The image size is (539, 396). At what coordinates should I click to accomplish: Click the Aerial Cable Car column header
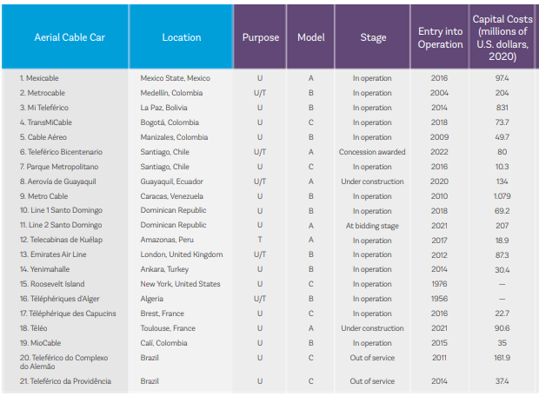pos(70,37)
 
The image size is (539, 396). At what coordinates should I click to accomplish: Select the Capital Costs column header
pos(502,37)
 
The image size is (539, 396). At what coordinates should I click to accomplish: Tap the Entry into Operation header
pos(440,37)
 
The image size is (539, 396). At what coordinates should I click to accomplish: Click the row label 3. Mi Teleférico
pos(44,108)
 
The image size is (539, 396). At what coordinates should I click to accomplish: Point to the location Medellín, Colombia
pos(171,93)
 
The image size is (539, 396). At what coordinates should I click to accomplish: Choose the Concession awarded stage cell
pos(372,152)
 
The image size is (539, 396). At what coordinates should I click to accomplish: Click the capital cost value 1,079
pos(502,196)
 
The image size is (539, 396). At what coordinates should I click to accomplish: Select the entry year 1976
pos(439,284)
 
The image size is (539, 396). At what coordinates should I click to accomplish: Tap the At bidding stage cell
pos(372,226)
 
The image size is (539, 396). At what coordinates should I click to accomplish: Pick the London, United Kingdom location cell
pos(182,254)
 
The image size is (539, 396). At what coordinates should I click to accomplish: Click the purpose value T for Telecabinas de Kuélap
pos(260,240)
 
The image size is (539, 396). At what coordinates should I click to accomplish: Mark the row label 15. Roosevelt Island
pos(52,284)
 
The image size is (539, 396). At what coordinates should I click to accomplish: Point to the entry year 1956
pos(439,299)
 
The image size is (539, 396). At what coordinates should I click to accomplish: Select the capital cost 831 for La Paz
pos(502,108)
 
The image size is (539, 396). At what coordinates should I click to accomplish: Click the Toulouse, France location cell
pos(168,328)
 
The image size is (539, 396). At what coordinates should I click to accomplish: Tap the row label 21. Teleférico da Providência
pos(65,381)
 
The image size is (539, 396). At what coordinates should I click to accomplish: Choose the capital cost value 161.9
pos(502,358)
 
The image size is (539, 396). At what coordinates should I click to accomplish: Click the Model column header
pos(310,37)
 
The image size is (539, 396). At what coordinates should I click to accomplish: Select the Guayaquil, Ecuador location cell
pos(171,181)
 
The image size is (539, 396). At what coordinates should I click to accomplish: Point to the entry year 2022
pos(439,152)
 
